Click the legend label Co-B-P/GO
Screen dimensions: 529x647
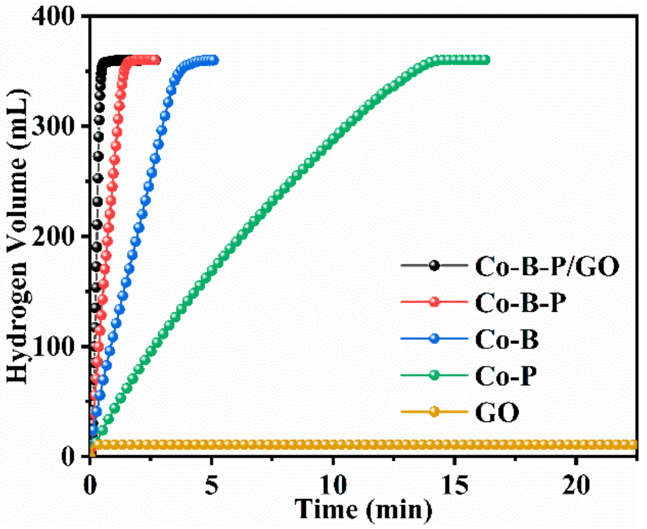547,267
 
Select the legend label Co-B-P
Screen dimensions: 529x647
521,303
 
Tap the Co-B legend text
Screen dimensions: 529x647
507,339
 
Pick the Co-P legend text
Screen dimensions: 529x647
505,376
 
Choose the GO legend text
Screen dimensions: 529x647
497,412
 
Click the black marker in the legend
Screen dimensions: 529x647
434,266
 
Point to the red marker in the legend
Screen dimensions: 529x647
434,302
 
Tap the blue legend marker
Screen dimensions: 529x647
434,338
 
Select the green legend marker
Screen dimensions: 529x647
434,375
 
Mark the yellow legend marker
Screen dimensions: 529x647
434,411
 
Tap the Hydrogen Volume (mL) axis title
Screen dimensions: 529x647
18,236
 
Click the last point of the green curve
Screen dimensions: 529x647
486,60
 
